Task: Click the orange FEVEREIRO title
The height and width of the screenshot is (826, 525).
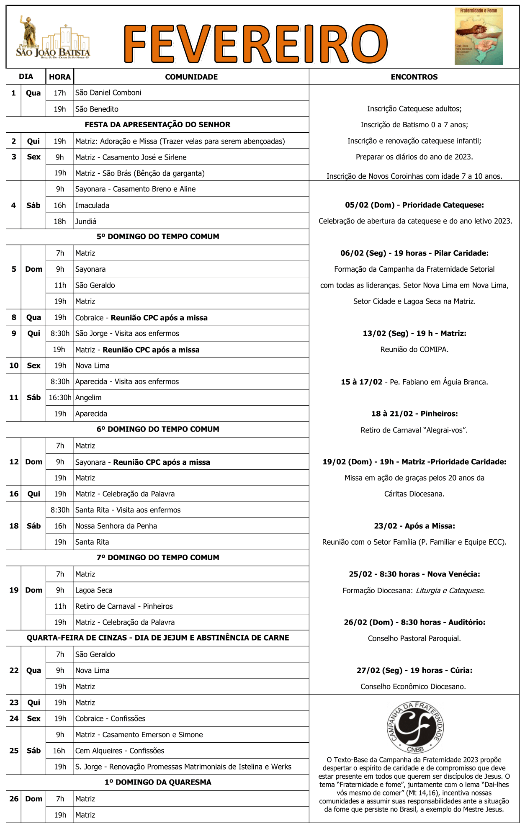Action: click(255, 44)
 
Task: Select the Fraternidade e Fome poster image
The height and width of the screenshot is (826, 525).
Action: click(479, 36)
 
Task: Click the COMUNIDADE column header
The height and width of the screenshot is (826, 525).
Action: click(191, 77)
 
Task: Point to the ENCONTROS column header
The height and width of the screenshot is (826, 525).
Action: click(414, 77)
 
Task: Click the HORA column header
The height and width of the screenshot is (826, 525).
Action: click(60, 77)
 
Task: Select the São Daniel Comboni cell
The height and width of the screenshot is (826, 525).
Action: click(108, 93)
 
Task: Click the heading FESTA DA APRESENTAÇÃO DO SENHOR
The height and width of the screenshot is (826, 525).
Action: click(157, 125)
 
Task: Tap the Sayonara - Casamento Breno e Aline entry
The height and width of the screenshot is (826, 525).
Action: click(136, 189)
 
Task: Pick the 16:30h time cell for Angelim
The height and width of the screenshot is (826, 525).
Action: click(60, 397)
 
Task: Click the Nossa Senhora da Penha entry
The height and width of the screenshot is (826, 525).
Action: click(116, 526)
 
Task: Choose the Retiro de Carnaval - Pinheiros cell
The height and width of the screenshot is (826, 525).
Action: click(124, 606)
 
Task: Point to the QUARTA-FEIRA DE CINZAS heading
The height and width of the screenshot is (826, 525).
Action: click(157, 638)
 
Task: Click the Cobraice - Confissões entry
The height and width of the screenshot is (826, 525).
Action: click(111, 718)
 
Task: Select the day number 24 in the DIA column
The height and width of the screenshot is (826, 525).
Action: click(14, 718)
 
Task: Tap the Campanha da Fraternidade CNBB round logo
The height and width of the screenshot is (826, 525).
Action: click(415, 728)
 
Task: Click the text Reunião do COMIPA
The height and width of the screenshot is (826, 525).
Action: click(414, 350)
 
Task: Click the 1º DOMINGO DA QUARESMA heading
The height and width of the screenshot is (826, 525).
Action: click(157, 782)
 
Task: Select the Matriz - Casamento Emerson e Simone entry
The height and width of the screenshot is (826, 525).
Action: click(139, 735)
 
